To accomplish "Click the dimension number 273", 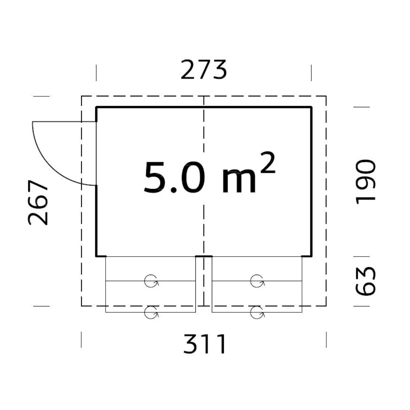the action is point(204,70).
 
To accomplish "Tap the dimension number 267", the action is point(38,202).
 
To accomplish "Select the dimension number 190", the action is point(365,181).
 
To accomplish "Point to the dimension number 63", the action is point(365,281).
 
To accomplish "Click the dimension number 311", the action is point(204,344).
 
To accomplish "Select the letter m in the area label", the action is point(238,181).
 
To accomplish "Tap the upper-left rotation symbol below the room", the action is point(151,281).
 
